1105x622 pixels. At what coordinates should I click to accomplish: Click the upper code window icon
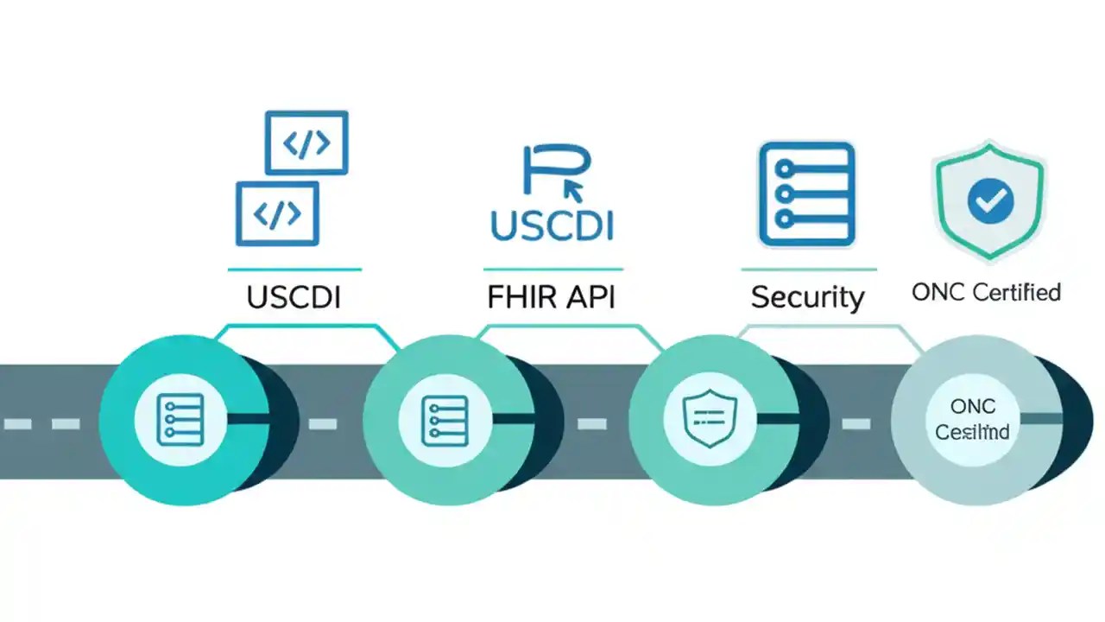tap(306, 143)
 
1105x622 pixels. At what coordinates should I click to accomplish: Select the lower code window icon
tap(277, 213)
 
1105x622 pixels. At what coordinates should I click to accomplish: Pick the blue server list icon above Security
tap(806, 194)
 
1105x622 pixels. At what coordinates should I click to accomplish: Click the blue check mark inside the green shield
tap(989, 201)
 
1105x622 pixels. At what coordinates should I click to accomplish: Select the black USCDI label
tap(294, 297)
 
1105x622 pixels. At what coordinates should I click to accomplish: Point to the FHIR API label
tap(552, 297)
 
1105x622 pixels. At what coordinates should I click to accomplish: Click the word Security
tap(807, 298)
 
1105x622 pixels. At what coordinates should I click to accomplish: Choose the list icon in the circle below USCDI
tap(180, 419)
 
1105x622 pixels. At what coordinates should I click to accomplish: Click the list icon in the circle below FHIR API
tap(445, 421)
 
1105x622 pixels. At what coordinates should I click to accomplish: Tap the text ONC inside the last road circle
tap(973, 406)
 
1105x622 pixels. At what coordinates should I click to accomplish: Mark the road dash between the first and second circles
tap(323, 423)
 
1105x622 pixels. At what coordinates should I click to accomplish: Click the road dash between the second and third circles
tap(591, 423)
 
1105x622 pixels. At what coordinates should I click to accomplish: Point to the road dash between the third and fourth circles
tap(856, 423)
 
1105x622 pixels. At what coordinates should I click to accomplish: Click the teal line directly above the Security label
tap(808, 270)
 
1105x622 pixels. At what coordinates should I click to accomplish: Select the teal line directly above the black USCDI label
tap(294, 270)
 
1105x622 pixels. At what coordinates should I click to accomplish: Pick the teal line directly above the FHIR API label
tap(552, 270)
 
